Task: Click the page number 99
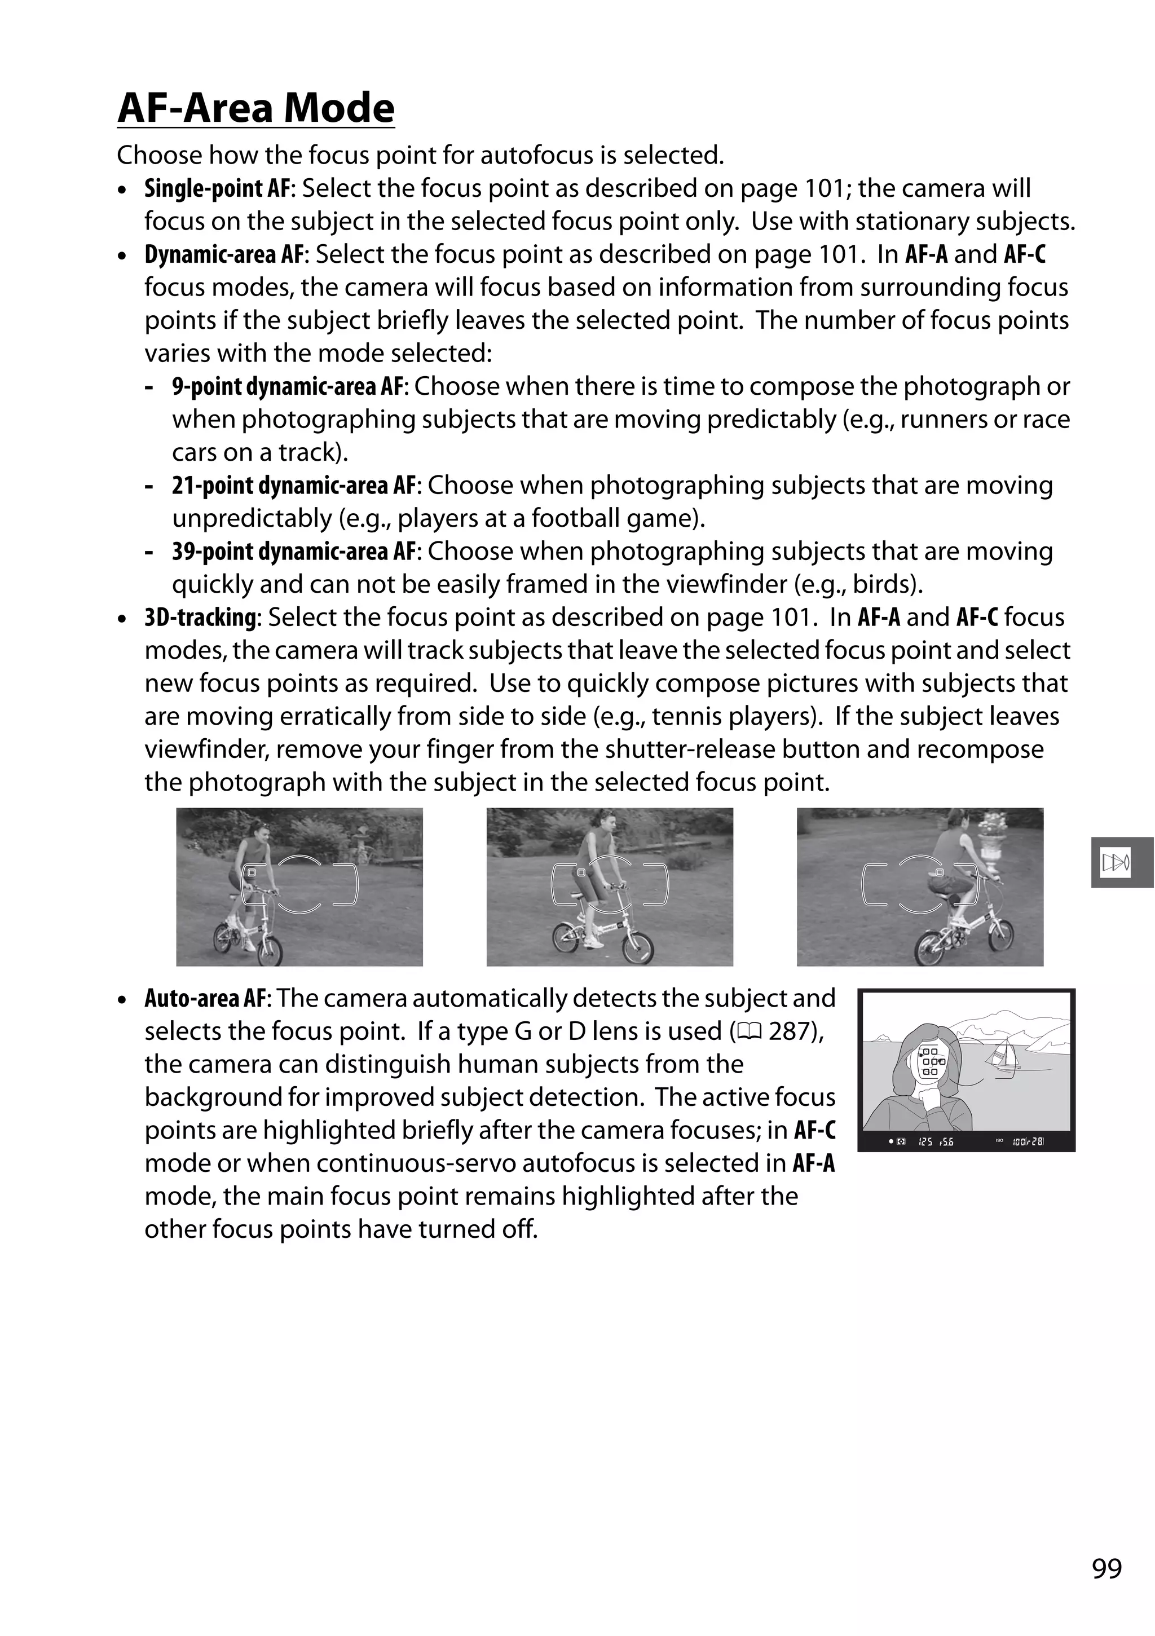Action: click(1106, 1568)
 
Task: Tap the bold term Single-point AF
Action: click(217, 189)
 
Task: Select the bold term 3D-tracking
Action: click(200, 617)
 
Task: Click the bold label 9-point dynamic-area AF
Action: click(288, 387)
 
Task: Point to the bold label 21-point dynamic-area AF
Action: click(294, 485)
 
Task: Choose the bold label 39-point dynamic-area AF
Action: click(294, 552)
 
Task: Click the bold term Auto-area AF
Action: click(205, 998)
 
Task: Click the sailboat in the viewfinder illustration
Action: click(1003, 1055)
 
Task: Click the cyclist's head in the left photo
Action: click(257, 832)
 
